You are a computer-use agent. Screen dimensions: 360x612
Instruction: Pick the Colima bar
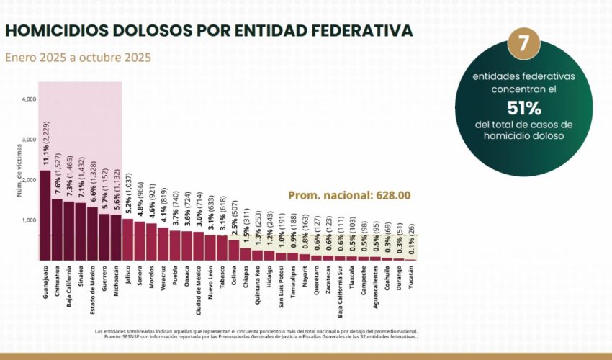233,249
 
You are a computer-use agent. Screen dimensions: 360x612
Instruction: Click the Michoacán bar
115,237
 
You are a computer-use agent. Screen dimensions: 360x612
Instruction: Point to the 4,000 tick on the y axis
28,99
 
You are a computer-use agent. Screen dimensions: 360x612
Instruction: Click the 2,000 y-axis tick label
28,179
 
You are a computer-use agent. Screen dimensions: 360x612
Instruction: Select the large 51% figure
523,108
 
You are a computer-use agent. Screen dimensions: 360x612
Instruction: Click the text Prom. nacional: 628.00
349,195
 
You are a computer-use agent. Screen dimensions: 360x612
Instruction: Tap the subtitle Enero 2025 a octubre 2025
78,58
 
